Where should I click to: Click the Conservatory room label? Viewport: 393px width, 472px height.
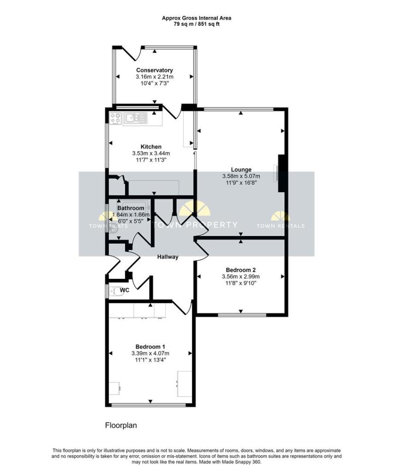tap(154, 70)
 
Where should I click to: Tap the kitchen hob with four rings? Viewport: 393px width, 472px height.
tap(116, 118)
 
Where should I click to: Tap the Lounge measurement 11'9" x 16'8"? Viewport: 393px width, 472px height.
tap(241, 183)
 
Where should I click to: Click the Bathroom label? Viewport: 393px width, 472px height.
tap(131, 208)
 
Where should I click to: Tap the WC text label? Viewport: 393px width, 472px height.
tap(125, 290)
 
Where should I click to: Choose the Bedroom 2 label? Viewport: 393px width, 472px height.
tap(241, 270)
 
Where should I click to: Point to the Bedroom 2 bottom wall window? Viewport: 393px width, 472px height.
tap(242, 315)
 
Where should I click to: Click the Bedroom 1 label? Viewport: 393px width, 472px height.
tap(150, 347)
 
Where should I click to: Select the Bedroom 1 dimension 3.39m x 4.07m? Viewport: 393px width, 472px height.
tap(150, 354)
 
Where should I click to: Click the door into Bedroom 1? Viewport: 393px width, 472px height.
tap(185, 308)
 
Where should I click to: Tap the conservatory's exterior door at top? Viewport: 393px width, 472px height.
tap(135, 53)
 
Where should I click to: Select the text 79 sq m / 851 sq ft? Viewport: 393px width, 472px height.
tap(196, 24)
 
